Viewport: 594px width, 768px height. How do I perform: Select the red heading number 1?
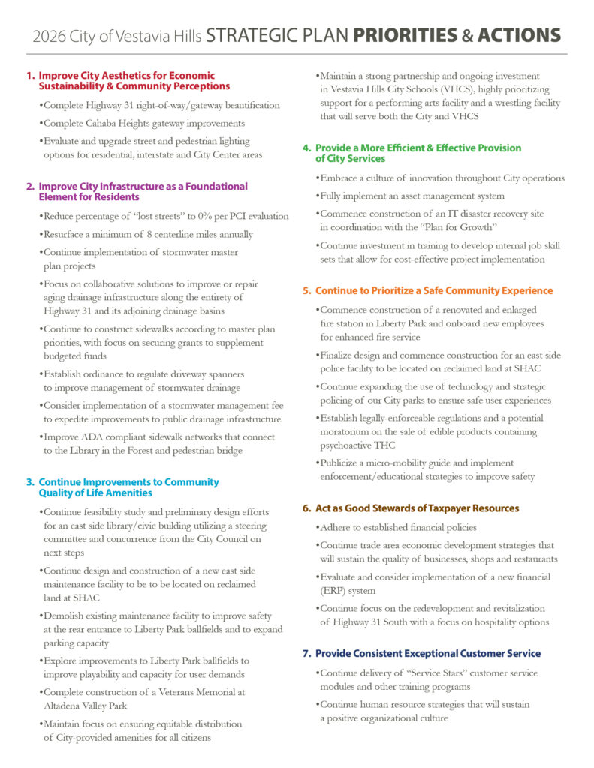pos(31,76)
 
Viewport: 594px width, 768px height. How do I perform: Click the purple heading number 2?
pos(31,186)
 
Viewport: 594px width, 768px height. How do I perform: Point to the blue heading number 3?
pos(31,482)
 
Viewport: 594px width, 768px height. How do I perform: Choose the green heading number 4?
pos(307,148)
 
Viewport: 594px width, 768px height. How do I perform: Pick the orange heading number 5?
pos(307,290)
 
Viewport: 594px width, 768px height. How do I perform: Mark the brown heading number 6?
pos(307,508)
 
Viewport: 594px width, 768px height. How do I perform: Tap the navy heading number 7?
pos(307,654)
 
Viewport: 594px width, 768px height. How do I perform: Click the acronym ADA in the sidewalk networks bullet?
pos(85,436)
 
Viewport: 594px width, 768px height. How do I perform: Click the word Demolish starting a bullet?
pos(68,616)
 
